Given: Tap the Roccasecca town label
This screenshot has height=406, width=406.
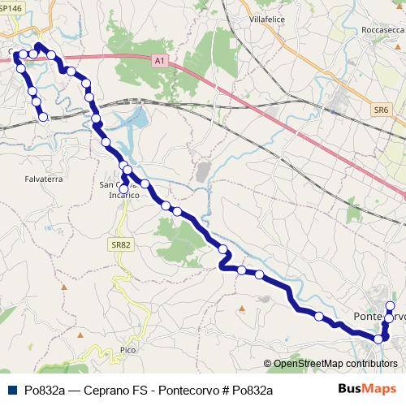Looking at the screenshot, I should click(x=381, y=29).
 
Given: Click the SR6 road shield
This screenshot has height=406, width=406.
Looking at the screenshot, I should click(x=382, y=109).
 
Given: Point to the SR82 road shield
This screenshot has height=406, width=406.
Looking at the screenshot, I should click(x=122, y=243).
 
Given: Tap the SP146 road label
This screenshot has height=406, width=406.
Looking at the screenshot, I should click(x=11, y=6).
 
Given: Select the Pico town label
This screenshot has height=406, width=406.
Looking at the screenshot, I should click(x=127, y=349).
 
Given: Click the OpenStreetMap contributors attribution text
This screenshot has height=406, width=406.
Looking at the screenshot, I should click(x=335, y=364).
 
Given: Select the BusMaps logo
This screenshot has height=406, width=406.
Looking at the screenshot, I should click(x=367, y=388).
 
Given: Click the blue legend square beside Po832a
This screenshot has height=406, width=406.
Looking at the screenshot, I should click(x=11, y=390).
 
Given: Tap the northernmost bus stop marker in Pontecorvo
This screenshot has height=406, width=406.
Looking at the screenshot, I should click(x=390, y=305).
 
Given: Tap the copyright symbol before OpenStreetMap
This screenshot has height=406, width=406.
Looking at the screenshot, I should click(x=269, y=364).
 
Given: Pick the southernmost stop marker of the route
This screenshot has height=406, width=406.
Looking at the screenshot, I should click(x=378, y=338).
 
